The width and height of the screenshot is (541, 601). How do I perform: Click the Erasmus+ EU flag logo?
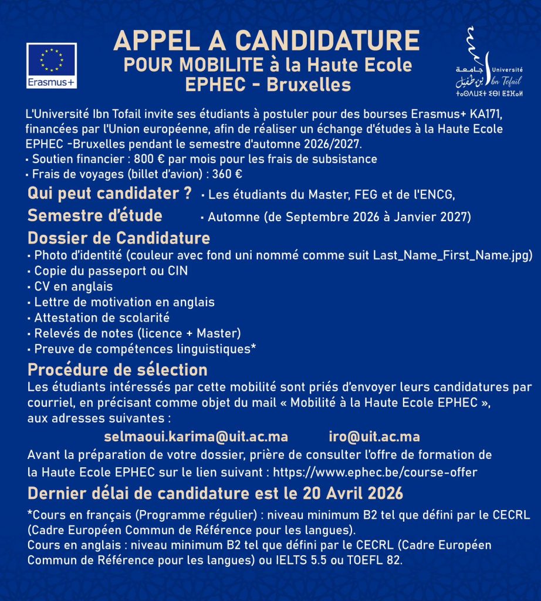coord(51,65)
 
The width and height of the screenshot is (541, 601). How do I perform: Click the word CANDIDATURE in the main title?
coord(328,40)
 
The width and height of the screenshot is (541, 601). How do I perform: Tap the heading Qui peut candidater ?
coord(110,193)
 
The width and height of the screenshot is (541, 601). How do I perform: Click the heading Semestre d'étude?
coord(95,215)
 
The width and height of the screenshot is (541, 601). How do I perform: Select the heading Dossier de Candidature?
coord(119,238)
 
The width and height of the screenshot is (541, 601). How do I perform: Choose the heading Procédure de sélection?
coord(117,370)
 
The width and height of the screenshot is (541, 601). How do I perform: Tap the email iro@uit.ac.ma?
coord(374,437)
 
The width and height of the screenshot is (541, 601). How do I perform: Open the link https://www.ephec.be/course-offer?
coord(375,472)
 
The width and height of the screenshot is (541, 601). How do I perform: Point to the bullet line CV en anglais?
coord(73,286)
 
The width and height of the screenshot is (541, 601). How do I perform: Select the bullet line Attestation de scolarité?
coord(102,318)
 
